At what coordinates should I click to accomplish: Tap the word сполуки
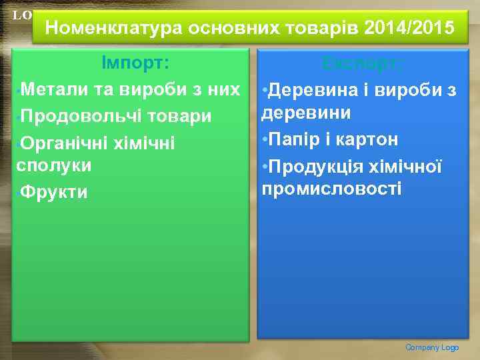pyautogui.click(x=53, y=165)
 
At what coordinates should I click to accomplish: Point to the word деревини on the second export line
pyautogui.click(x=306, y=113)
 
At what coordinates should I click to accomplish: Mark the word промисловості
pyautogui.click(x=332, y=189)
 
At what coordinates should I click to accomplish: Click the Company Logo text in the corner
pyautogui.click(x=432, y=347)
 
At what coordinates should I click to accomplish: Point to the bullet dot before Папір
pyautogui.click(x=265, y=139)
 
